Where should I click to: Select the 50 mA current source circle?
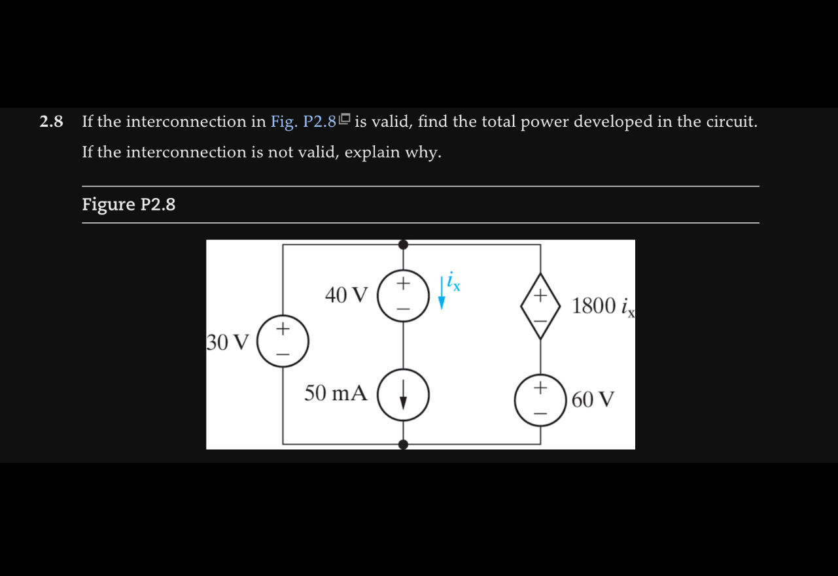[x=403, y=394]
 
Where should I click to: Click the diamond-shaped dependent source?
[x=540, y=306]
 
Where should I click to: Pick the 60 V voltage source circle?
[x=540, y=399]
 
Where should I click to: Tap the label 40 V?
[x=347, y=295]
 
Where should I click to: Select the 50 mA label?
[x=336, y=394]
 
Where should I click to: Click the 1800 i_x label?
[x=602, y=306]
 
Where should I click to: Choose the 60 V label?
[x=593, y=399]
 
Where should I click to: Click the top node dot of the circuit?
[x=403, y=245]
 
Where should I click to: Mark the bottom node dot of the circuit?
[x=403, y=445]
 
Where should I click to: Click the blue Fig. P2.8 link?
[x=303, y=122]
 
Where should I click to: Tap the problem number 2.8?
[x=51, y=122]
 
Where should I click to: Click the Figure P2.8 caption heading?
[x=129, y=205]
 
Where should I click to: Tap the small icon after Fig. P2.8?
[x=345, y=120]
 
